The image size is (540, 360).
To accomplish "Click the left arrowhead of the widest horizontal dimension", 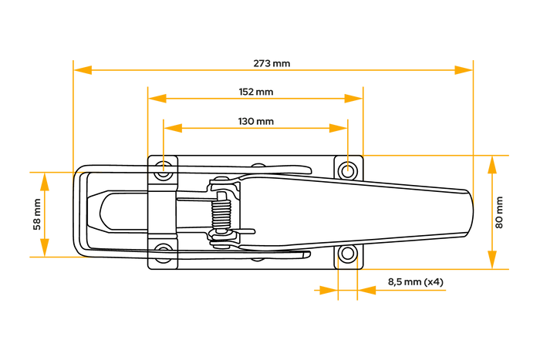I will [x=83, y=70].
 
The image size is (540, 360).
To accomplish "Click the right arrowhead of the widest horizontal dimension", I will [x=463, y=70].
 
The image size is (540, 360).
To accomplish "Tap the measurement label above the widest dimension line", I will [x=272, y=63].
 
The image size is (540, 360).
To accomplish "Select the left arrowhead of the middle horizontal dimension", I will [x=158, y=99].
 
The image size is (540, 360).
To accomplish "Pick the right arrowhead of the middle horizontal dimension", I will [x=353, y=99].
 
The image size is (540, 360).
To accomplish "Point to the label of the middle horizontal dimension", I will [x=256, y=92].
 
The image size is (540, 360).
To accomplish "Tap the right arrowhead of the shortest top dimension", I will [x=337, y=128].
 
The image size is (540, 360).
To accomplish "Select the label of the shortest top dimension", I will [x=256, y=121].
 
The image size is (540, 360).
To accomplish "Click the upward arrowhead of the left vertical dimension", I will [x=45, y=183].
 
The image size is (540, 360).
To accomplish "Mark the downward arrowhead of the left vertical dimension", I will [x=45, y=247].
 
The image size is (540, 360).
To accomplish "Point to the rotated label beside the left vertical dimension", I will [x=36, y=214].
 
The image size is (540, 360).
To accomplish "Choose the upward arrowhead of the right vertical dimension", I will [x=492, y=167].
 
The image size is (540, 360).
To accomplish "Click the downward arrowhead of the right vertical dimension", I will [x=492, y=259].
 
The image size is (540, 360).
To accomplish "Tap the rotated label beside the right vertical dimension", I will [x=500, y=213].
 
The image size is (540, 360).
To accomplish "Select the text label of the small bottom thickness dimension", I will [x=416, y=282].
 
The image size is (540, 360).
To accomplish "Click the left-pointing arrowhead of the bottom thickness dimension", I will [x=367, y=291].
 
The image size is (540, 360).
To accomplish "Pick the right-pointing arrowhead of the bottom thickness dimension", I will [x=327, y=291].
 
